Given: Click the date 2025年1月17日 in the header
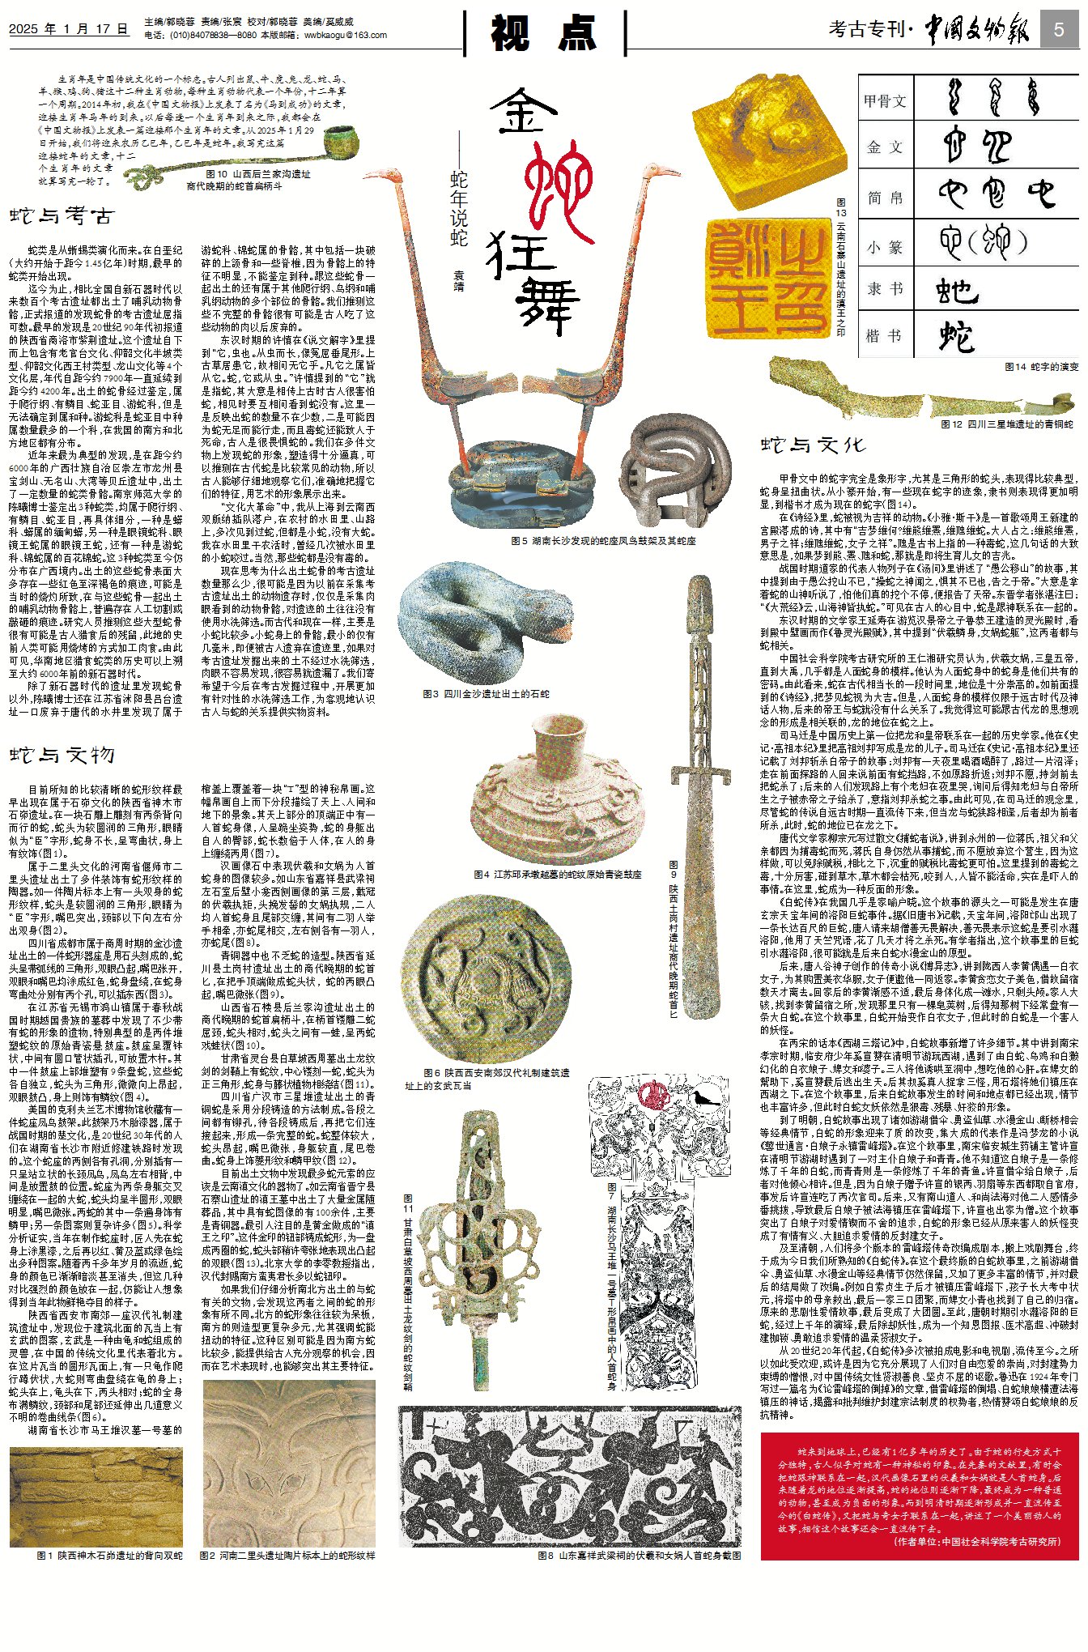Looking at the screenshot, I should pyautogui.click(x=68, y=29).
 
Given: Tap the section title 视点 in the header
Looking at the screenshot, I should pyautogui.click(x=544, y=33).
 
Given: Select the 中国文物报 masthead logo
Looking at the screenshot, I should pyautogui.click(x=977, y=31).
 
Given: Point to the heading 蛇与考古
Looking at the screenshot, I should pyautogui.click(x=62, y=216).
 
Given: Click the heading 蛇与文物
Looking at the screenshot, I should pyautogui.click(x=62, y=755).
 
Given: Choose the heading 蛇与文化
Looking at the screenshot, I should pyautogui.click(x=813, y=445).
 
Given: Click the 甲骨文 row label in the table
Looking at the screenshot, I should pyautogui.click(x=884, y=101).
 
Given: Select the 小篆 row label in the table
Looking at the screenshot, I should pyautogui.click(x=884, y=247).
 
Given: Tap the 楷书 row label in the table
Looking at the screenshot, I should pyautogui.click(x=884, y=335).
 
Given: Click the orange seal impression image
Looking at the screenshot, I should pyautogui.click(x=767, y=278).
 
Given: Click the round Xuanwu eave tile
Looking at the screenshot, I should pyautogui.click(x=481, y=977).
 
